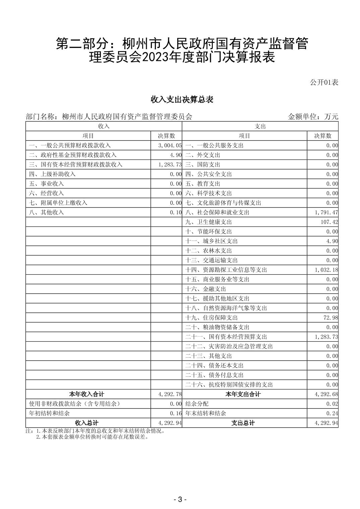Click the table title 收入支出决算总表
(x=182, y=99)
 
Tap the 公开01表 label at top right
(x=324, y=82)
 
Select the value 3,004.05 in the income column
(x=170, y=145)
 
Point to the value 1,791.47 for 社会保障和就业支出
(x=326, y=212)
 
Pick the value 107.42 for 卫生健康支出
(x=329, y=222)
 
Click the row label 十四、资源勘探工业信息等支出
(x=226, y=270)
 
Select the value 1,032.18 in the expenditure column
(x=326, y=270)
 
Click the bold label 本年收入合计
(x=86, y=394)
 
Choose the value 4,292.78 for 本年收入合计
(x=170, y=394)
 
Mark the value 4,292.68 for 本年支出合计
(x=326, y=394)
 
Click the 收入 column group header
(x=104, y=126)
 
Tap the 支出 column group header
(x=260, y=126)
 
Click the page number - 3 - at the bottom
(x=180, y=500)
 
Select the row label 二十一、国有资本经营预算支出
(x=226, y=337)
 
